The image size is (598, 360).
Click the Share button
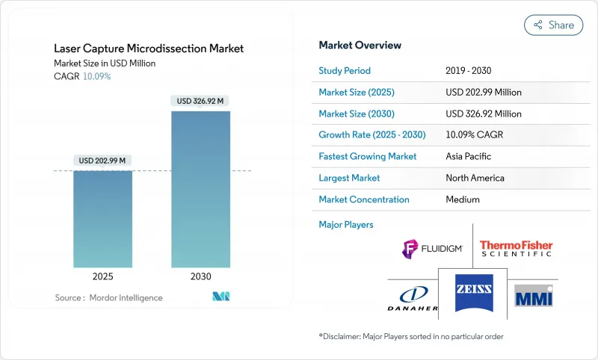tap(553, 25)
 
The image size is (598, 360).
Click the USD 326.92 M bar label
tap(200, 100)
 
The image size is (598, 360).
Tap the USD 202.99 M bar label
tap(102, 160)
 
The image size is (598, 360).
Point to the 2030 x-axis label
tap(200, 276)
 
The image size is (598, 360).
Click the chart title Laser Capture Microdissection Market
tap(149, 49)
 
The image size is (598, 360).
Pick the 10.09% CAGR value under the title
tap(96, 76)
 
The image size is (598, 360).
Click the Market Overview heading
tap(360, 45)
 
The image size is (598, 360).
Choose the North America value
tap(475, 178)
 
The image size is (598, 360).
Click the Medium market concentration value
tap(463, 199)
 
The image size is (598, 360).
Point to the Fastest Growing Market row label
tap(368, 156)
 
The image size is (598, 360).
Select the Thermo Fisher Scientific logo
tap(516, 249)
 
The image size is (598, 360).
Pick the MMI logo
tap(536, 296)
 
